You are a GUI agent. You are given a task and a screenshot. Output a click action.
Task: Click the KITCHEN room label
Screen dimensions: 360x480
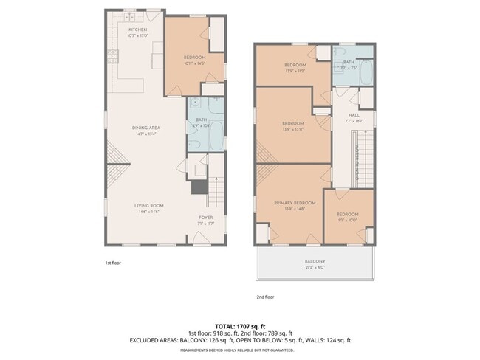[x=137, y=30]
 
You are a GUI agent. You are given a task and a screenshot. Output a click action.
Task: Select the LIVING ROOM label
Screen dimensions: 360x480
[x=148, y=205]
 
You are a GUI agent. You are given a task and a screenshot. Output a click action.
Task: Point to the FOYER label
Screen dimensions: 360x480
[x=206, y=218]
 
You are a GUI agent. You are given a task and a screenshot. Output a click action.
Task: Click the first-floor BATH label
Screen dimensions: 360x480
[x=201, y=120]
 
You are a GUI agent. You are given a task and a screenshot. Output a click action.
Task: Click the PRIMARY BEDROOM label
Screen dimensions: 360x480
[x=295, y=202]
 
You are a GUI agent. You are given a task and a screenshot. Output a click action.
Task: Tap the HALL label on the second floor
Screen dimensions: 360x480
[x=354, y=115]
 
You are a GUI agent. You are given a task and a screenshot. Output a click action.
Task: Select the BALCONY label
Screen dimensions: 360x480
[x=315, y=261]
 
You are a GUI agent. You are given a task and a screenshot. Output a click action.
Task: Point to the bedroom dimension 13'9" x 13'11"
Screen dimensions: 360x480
[x=293, y=129]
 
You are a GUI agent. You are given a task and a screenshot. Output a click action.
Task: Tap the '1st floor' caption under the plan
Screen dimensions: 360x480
[x=112, y=261]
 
